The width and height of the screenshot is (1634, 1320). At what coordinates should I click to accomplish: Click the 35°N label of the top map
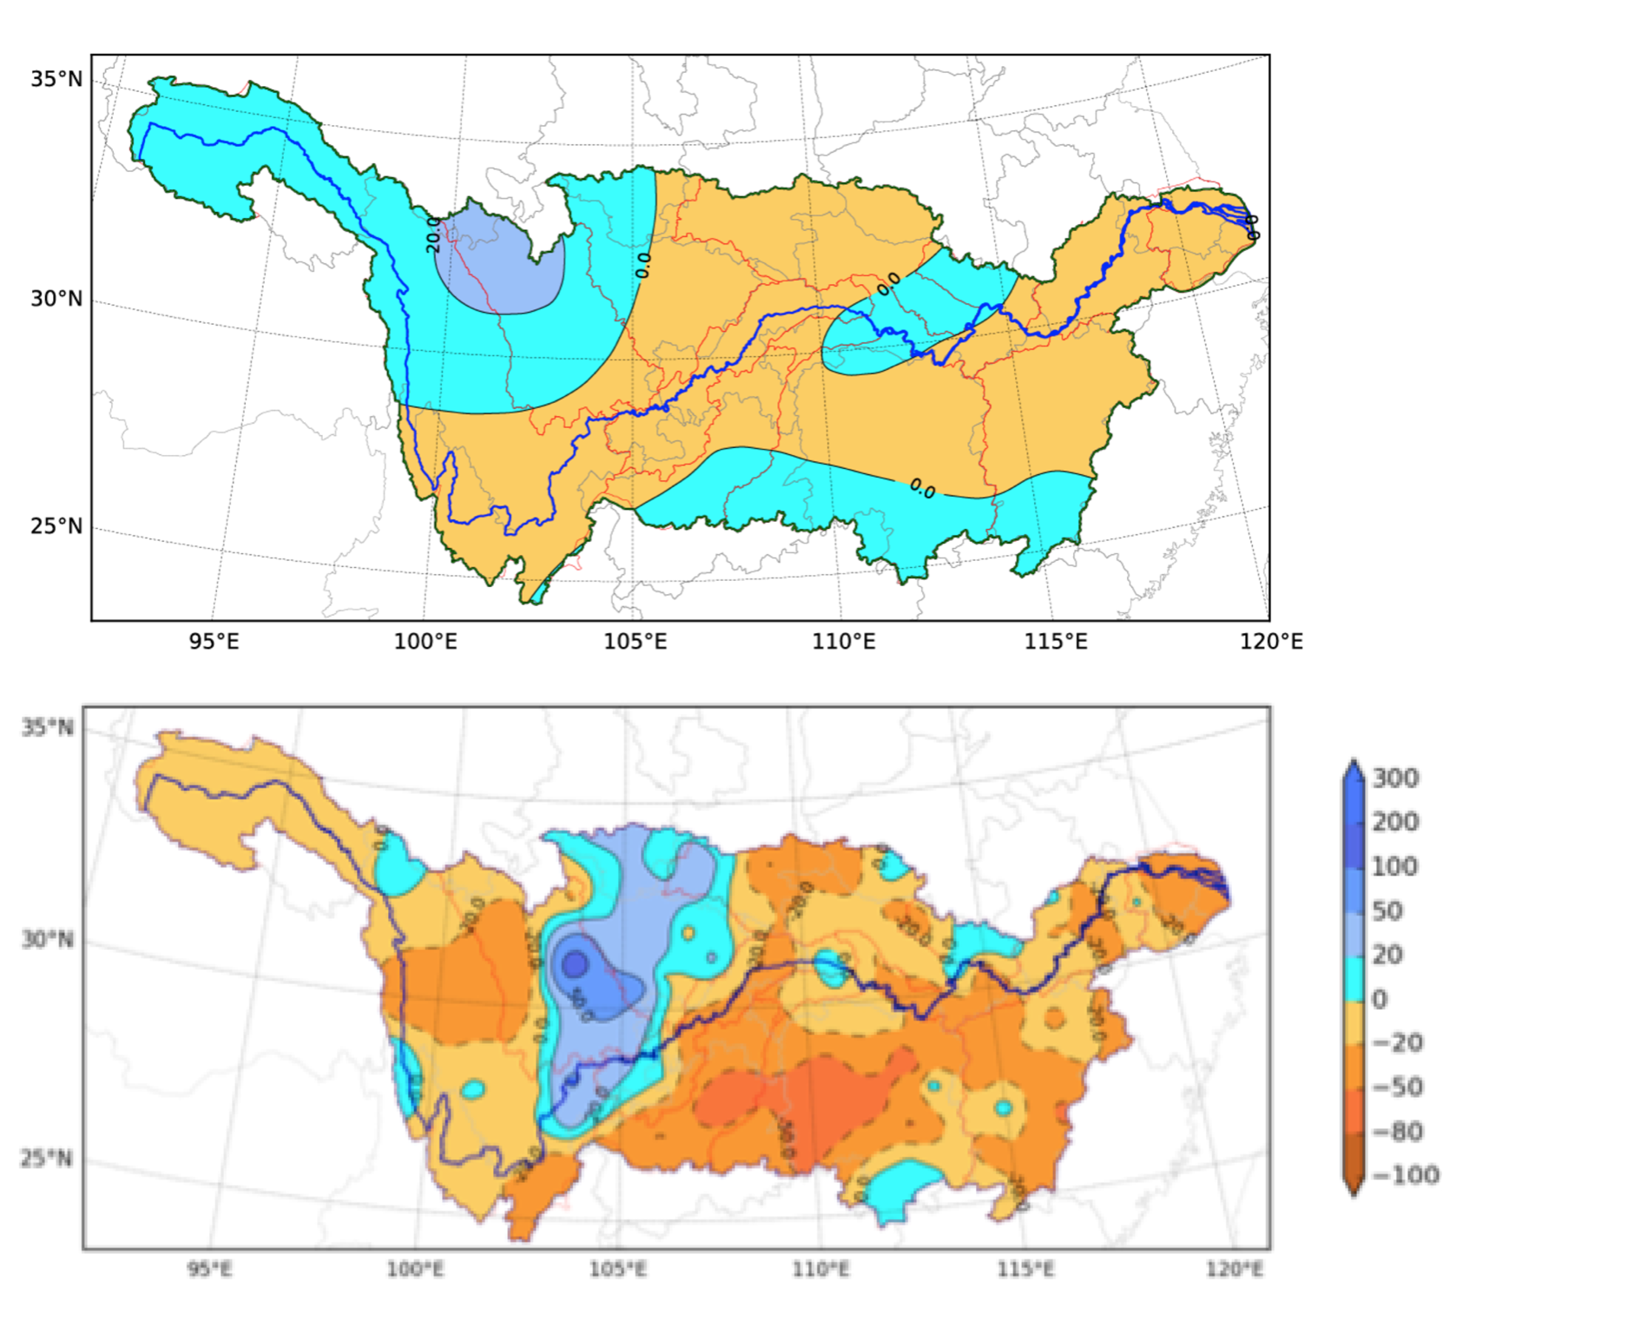click(56, 79)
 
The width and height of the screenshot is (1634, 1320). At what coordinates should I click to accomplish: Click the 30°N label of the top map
click(56, 299)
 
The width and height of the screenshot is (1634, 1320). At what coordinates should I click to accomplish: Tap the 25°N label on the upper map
click(56, 526)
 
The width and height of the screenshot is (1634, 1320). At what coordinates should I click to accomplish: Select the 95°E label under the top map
click(214, 642)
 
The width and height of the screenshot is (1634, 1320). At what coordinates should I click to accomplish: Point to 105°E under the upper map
click(636, 642)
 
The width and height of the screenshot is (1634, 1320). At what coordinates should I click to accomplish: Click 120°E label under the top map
click(1271, 642)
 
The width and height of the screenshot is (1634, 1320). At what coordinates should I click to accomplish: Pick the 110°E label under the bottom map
click(820, 1270)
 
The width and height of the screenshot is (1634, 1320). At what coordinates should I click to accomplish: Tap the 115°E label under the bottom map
click(1025, 1270)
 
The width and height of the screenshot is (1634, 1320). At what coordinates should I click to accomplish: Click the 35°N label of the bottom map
click(48, 727)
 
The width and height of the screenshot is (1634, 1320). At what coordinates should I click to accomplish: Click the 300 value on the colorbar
click(1395, 778)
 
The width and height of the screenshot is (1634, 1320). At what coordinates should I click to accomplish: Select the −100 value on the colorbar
click(1405, 1175)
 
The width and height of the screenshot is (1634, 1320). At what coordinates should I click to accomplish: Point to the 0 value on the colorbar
click(1380, 999)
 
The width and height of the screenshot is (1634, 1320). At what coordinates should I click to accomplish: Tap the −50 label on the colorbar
click(1397, 1087)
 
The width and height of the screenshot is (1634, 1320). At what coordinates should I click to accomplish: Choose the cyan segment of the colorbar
click(1354, 977)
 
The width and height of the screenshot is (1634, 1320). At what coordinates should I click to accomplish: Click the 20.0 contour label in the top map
click(433, 234)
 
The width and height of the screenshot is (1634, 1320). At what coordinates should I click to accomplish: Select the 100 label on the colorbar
click(1394, 867)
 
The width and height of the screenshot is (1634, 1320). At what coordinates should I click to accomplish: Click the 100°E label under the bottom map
click(415, 1270)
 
